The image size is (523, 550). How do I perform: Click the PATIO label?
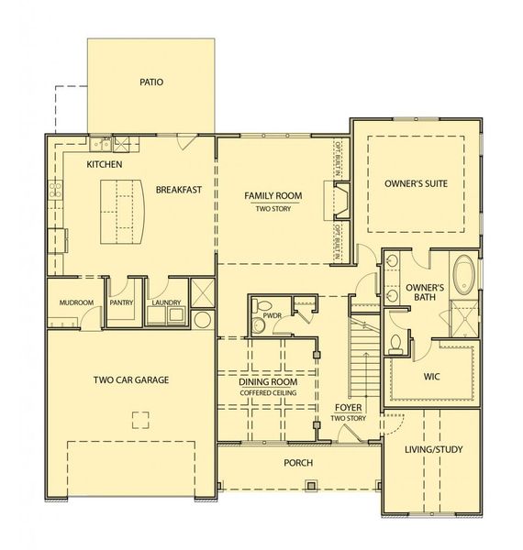tap(151, 82)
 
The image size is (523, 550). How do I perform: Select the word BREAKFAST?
tap(178, 190)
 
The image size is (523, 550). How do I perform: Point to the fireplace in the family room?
tap(339, 202)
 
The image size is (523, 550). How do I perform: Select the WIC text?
tap(433, 376)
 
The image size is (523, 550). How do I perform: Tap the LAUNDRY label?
tap(165, 302)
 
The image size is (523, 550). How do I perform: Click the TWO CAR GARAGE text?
tap(130, 379)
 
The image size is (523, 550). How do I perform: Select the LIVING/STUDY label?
tap(433, 449)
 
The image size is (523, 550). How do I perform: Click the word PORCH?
tap(298, 463)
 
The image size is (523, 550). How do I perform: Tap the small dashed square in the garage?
tap(139, 420)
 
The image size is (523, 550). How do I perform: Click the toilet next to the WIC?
tap(395, 345)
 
